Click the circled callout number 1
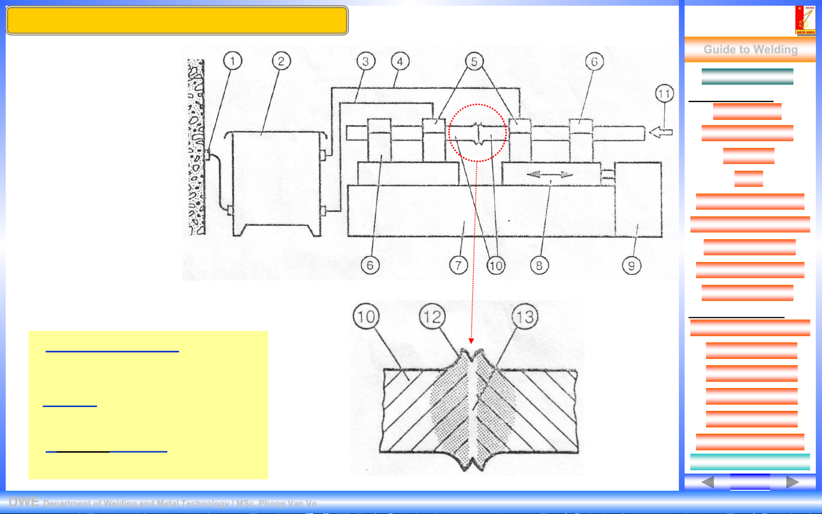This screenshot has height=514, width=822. point(232,61)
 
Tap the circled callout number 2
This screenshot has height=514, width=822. point(281,61)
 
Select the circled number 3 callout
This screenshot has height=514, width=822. point(365,61)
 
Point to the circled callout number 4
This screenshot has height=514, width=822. point(400,61)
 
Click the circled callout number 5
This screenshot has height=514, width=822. point(474,61)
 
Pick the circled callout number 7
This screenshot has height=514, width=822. point(458,265)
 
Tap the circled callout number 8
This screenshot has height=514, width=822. point(539,265)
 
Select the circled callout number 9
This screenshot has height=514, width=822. point(631,265)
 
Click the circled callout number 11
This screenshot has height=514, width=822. point(664,94)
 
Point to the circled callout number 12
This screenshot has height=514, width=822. point(432,317)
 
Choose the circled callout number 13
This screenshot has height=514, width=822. point(525,317)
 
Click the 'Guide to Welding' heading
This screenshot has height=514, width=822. point(750,49)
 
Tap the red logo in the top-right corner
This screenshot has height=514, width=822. point(805,20)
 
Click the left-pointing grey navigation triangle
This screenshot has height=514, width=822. point(707,482)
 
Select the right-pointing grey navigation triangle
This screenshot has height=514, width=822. point(792,482)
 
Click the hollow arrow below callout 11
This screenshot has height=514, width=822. point(661,132)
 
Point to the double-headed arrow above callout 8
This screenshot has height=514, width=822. point(550,175)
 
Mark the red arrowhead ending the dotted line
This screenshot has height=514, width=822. point(471,341)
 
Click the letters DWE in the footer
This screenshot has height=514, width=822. point(23,502)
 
